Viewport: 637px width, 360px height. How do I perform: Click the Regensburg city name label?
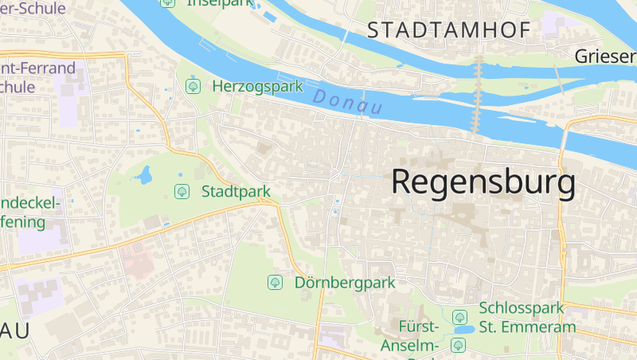(x=483, y=182)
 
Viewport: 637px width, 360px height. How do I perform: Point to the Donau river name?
(x=348, y=101)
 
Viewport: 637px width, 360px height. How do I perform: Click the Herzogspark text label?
(x=257, y=85)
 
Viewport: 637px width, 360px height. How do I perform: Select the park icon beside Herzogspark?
(x=192, y=85)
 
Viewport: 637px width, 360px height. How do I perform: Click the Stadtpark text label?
(x=236, y=191)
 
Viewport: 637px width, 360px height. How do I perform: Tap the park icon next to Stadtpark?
(x=182, y=191)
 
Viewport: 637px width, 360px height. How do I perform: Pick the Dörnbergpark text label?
(x=345, y=282)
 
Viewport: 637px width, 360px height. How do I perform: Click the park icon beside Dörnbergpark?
(x=276, y=282)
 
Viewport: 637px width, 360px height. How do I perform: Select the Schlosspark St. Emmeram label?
(x=527, y=317)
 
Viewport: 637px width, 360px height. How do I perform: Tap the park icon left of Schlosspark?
(x=459, y=317)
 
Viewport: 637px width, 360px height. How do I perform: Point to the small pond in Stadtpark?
(x=144, y=174)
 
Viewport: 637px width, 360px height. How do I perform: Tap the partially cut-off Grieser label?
(x=605, y=56)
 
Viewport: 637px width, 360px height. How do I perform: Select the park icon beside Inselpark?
(x=166, y=2)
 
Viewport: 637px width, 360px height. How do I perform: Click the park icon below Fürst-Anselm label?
(x=458, y=345)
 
